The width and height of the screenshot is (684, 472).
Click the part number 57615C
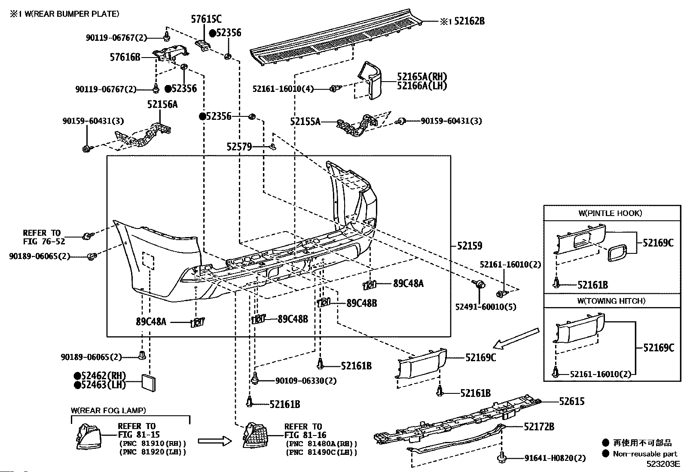pyautogui.click(x=206, y=19)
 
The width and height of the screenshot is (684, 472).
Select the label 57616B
pyautogui.click(x=125, y=57)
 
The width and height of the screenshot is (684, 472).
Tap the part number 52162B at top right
pyautogui.click(x=469, y=21)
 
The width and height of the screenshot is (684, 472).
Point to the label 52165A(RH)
pyautogui.click(x=421, y=76)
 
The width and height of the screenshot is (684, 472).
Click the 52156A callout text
pyautogui.click(x=162, y=104)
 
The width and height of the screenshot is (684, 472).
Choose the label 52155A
pyautogui.click(x=305, y=122)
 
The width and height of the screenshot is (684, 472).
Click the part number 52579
pyautogui.click(x=239, y=147)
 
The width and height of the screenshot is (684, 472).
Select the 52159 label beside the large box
pyautogui.click(x=470, y=246)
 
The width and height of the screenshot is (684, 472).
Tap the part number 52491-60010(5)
pyautogui.click(x=486, y=307)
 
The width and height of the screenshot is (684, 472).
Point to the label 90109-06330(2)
pyautogui.click(x=306, y=381)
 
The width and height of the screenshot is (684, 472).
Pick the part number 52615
pyautogui.click(x=571, y=401)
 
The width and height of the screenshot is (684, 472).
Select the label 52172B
pyautogui.click(x=539, y=426)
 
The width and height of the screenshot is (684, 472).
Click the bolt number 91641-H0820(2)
pyautogui.click(x=555, y=458)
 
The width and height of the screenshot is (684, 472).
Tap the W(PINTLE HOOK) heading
pyautogui.click(x=610, y=213)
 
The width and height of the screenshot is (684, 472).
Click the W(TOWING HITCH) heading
pyautogui.click(x=611, y=301)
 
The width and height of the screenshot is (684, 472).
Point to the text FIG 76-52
pyautogui.click(x=44, y=241)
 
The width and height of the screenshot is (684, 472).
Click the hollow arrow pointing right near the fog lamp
pyautogui.click(x=215, y=441)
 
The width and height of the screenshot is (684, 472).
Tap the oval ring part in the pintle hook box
pyautogui.click(x=617, y=253)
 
